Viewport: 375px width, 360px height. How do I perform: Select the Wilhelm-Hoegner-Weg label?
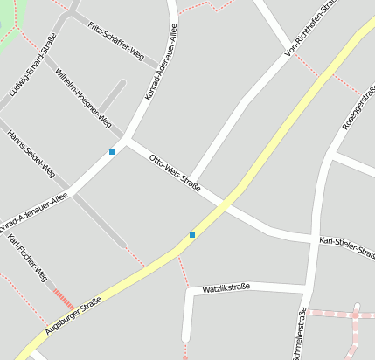coord(83,96)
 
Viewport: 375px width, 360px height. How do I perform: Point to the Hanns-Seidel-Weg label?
coord(31,153)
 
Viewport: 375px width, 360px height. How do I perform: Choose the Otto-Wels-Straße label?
coord(176,173)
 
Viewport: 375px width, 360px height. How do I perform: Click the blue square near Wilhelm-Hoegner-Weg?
coord(112,153)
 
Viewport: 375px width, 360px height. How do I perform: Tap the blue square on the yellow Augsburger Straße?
coord(192,234)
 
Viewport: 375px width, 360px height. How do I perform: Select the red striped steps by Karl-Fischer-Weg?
coord(64,299)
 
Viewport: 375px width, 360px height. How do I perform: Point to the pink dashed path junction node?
coord(356,313)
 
